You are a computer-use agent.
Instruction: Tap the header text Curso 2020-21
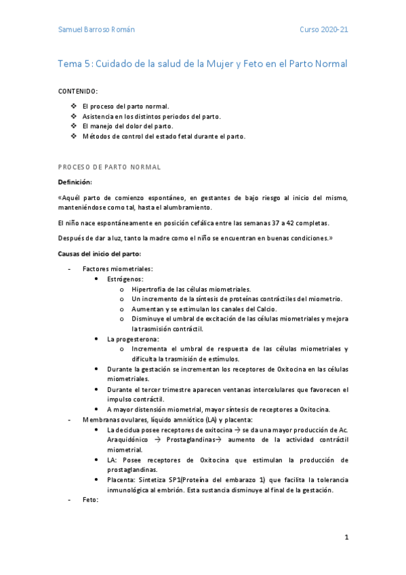324,31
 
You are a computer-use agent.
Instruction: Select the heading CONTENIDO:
78,91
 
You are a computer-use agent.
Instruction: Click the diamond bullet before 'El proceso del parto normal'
73,107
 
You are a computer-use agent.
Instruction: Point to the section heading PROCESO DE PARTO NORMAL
109,166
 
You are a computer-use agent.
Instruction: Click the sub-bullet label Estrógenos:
125,279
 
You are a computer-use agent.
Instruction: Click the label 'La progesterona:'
133,338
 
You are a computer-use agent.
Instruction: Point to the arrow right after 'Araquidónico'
157,439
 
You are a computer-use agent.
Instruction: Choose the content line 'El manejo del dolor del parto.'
127,126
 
